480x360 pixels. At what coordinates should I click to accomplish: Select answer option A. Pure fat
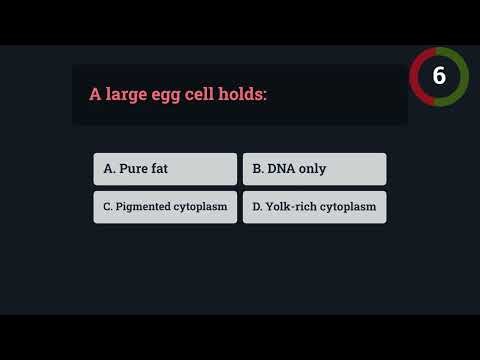(165, 169)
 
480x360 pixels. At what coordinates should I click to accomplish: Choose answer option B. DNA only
(314, 169)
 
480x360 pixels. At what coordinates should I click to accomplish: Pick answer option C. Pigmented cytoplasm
(165, 207)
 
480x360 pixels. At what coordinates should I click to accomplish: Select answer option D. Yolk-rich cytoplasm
(314, 207)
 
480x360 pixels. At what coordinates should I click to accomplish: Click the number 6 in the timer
(439, 76)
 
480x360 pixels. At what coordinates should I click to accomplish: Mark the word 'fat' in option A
(159, 169)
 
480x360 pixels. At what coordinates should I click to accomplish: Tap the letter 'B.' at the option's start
(258, 169)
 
